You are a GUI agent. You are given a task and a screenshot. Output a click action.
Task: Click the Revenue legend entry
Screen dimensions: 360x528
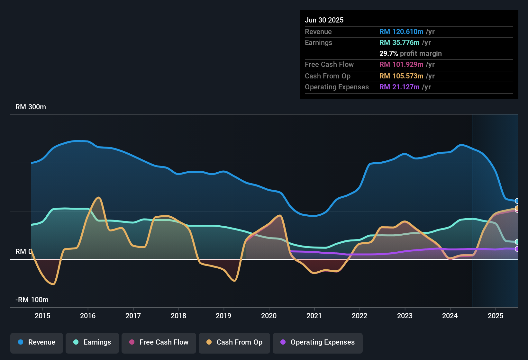pyautogui.click(x=37, y=342)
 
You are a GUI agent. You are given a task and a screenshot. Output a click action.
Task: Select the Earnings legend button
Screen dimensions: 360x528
pyautogui.click(x=92, y=342)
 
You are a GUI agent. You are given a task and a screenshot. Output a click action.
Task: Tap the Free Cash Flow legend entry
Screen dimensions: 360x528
pyautogui.click(x=159, y=342)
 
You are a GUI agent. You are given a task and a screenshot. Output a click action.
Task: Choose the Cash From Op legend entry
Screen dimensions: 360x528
pyautogui.click(x=234, y=342)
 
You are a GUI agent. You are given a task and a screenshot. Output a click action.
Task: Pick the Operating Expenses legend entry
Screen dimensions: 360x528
pyautogui.click(x=318, y=342)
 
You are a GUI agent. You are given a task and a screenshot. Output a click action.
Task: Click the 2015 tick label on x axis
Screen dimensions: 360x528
pyautogui.click(x=42, y=316)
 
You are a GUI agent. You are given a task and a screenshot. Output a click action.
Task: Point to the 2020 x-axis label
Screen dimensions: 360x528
pyautogui.click(x=269, y=316)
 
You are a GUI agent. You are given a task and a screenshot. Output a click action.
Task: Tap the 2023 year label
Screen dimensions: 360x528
pyautogui.click(x=405, y=316)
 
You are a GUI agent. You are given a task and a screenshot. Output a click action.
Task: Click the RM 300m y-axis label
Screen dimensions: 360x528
pyautogui.click(x=31, y=107)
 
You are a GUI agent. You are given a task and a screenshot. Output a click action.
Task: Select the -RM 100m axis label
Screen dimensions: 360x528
pyautogui.click(x=32, y=300)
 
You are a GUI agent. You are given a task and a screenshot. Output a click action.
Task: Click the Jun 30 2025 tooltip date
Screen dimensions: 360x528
pyautogui.click(x=324, y=20)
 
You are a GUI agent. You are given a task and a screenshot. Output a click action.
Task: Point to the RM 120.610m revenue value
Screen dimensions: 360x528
pyautogui.click(x=401, y=32)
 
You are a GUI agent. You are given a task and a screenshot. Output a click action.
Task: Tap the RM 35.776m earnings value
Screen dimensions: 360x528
pyautogui.click(x=399, y=43)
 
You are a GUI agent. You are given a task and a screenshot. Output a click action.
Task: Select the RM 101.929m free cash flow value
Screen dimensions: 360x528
pyautogui.click(x=401, y=65)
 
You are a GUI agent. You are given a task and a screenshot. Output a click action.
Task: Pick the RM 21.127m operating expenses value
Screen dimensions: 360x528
pyautogui.click(x=399, y=87)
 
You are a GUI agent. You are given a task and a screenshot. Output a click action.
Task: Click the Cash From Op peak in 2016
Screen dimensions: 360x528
pyautogui.click(x=99, y=197)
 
